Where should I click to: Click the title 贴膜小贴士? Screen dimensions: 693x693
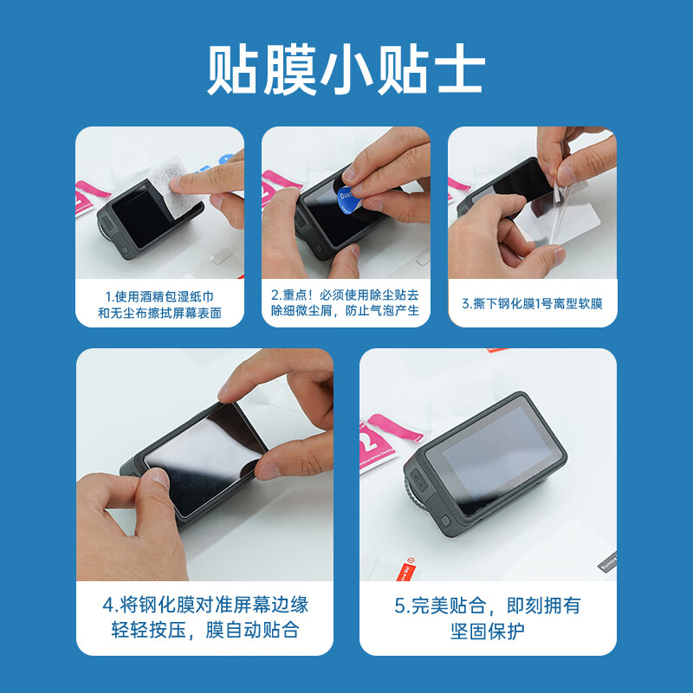(x=346, y=72)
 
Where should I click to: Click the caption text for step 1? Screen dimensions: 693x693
(x=159, y=304)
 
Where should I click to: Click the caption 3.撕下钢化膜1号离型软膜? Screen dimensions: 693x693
(x=532, y=303)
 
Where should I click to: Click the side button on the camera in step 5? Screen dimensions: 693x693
(x=446, y=524)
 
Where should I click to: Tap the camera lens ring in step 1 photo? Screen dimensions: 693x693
(x=107, y=230)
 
